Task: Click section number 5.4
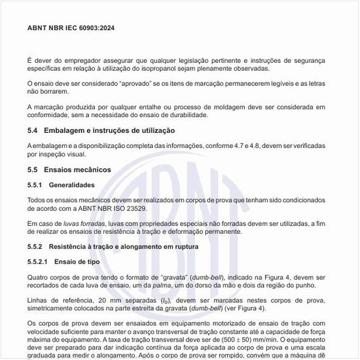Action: (x=33, y=131)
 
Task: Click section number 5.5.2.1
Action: (x=39, y=262)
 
